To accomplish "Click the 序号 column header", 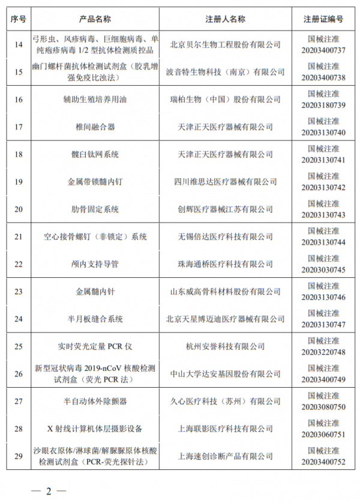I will [x=19, y=19].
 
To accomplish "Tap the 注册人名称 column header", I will [x=226, y=19].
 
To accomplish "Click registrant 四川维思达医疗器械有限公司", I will [x=226, y=182].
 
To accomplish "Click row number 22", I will [x=19, y=264].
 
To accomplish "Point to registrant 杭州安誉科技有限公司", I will [x=226, y=346].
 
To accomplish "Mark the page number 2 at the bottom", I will [x=49, y=491].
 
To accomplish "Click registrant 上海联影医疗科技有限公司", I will [x=226, y=429].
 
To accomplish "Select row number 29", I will [x=19, y=457].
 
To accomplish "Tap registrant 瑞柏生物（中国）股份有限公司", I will [x=226, y=99].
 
